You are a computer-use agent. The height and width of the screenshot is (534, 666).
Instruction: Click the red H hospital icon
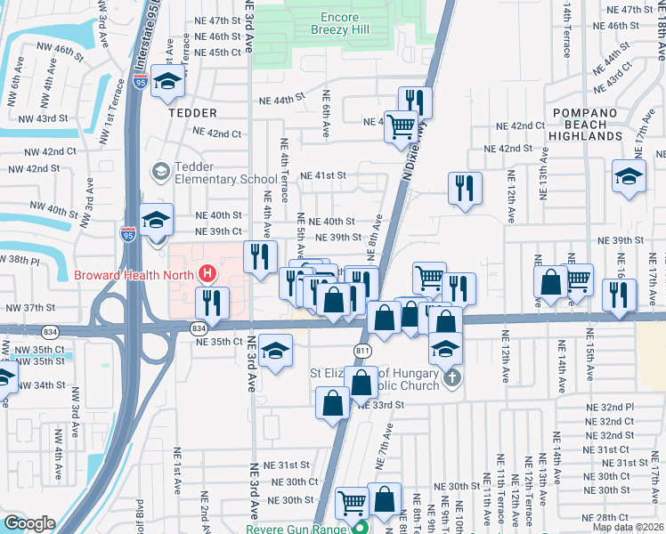207,272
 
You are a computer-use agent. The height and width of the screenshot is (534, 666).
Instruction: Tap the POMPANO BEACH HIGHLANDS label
585,124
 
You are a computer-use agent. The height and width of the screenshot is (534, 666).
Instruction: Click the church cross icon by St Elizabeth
452,378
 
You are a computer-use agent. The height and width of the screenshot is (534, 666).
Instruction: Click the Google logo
28,523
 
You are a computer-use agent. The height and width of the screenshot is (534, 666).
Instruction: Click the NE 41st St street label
322,175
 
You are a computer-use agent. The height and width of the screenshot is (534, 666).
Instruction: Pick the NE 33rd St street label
382,404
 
